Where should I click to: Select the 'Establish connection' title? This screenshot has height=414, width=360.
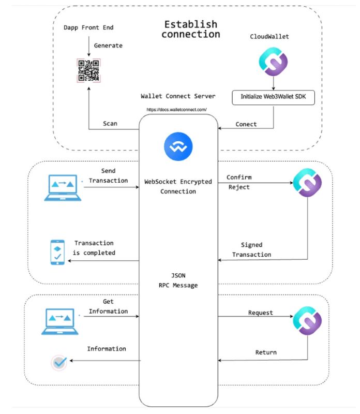pos(190,29)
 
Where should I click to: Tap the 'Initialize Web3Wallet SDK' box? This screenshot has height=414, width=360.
pos(273,97)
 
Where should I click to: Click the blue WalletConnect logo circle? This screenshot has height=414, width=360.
pos(178,146)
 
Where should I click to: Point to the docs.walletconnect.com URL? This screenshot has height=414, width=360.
pos(177,110)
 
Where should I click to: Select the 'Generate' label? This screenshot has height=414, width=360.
pos(108,46)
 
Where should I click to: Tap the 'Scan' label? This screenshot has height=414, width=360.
pos(110,123)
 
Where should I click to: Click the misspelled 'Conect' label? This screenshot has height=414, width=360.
pos(246,124)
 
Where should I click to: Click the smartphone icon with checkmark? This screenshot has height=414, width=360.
pos(58,252)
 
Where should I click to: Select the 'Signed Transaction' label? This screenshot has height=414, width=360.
pos(251,249)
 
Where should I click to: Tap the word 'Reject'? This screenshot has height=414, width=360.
pos(239,187)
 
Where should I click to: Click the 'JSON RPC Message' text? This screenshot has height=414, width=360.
pos(178,280)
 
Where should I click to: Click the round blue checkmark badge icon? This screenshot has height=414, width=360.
pos(59,363)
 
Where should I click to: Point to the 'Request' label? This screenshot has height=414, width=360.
pos(261,313)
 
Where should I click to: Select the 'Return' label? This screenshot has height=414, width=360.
pos(265,352)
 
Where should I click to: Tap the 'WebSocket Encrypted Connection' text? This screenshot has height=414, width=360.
pos(178,186)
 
